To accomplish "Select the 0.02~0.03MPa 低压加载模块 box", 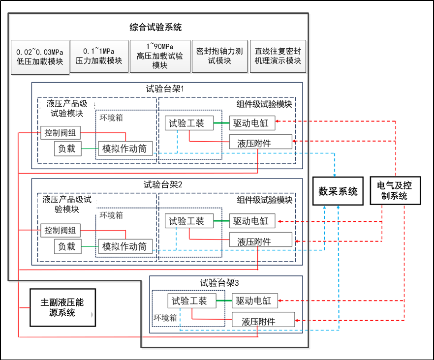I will [39, 57].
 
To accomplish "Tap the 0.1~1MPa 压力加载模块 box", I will [99, 57].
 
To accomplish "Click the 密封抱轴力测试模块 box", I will [219, 57].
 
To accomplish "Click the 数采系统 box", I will [338, 191].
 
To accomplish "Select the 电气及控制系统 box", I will [395, 191].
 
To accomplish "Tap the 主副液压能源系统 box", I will [62, 306].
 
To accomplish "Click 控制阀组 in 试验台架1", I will [61, 133].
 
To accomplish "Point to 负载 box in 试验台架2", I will [67, 246].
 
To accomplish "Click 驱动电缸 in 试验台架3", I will [255, 300].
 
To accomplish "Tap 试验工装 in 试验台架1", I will [189, 123].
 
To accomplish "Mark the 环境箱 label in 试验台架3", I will [165, 318].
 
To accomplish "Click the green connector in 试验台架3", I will [224, 300].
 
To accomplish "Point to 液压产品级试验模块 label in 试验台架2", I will [67, 204].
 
